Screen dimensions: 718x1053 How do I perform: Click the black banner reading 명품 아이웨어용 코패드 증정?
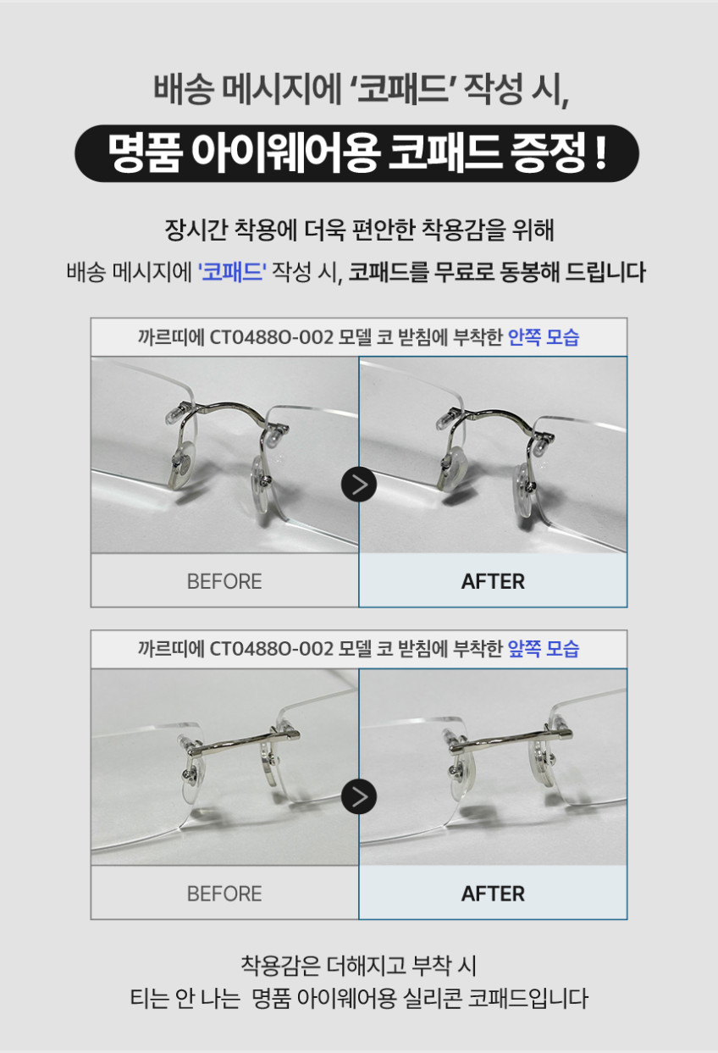click(x=356, y=153)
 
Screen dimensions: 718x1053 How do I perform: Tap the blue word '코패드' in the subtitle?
click(x=232, y=272)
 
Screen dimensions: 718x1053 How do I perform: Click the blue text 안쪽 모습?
click(x=544, y=337)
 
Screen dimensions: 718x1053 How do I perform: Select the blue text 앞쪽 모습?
click(x=544, y=649)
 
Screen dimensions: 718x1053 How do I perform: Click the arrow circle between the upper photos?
click(x=359, y=485)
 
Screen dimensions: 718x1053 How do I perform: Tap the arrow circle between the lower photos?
click(x=359, y=796)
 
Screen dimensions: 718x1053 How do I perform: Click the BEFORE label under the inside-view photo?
click(x=224, y=581)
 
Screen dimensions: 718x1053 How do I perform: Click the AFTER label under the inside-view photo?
click(x=493, y=581)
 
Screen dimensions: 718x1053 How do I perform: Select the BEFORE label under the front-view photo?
click(x=224, y=894)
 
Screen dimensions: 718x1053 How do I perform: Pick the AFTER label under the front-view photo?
click(x=493, y=894)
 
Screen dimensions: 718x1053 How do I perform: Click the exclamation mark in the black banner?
click(x=599, y=152)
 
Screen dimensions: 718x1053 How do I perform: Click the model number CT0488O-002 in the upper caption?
click(x=271, y=337)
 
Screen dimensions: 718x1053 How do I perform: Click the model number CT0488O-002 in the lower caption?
click(x=271, y=649)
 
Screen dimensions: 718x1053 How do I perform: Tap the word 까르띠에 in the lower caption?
click(x=170, y=649)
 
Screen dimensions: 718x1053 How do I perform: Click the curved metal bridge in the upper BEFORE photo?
click(x=231, y=408)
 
